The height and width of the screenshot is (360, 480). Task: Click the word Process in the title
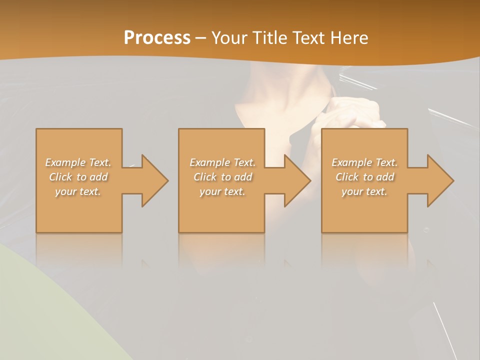[x=157, y=38]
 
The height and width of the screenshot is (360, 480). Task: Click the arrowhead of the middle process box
[x=296, y=180]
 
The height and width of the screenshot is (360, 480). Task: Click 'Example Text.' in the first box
[x=78, y=162]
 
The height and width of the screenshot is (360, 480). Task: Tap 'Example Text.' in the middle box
[x=222, y=162]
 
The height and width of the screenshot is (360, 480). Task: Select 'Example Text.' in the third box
[x=364, y=162]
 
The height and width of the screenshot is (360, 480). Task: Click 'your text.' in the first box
[x=78, y=191]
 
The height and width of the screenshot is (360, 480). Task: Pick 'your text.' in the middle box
[x=222, y=191]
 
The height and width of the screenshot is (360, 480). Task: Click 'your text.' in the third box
[x=364, y=191]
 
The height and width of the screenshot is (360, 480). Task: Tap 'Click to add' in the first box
[x=78, y=177]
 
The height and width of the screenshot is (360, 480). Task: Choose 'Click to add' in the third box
[x=364, y=177]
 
